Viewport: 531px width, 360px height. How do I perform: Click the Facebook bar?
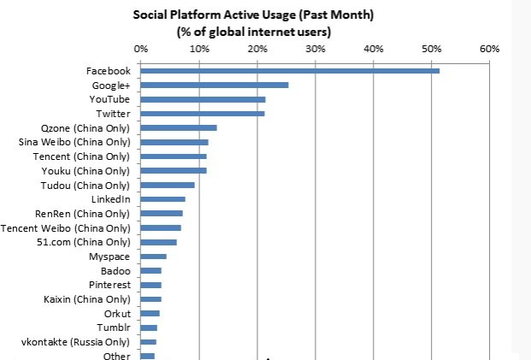pyautogui.click(x=290, y=70)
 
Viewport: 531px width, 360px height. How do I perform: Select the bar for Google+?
pyautogui.click(x=215, y=85)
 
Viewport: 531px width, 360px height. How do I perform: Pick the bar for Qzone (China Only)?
pyautogui.click(x=179, y=127)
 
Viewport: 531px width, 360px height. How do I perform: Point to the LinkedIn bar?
pyautogui.click(x=163, y=199)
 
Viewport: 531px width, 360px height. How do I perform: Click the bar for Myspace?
pyautogui.click(x=154, y=256)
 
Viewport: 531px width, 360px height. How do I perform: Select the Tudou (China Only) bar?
pyautogui.click(x=168, y=185)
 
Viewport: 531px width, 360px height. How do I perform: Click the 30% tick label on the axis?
pyautogui.click(x=315, y=49)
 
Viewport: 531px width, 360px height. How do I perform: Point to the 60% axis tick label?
pyautogui.click(x=489, y=49)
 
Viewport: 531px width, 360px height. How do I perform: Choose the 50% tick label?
pyautogui.click(x=431, y=49)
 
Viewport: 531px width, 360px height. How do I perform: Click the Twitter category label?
pyautogui.click(x=113, y=114)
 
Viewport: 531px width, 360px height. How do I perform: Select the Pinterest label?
pyautogui.click(x=109, y=285)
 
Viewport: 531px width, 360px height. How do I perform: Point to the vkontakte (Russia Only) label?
pyautogui.click(x=76, y=342)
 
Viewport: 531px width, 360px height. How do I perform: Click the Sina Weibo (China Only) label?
pyautogui.click(x=74, y=142)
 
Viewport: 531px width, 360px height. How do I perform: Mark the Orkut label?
pyautogui.click(x=116, y=314)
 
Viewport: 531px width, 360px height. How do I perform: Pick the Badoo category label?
pyautogui.click(x=115, y=270)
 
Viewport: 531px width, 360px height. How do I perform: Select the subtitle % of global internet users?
pyautogui.click(x=253, y=32)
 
